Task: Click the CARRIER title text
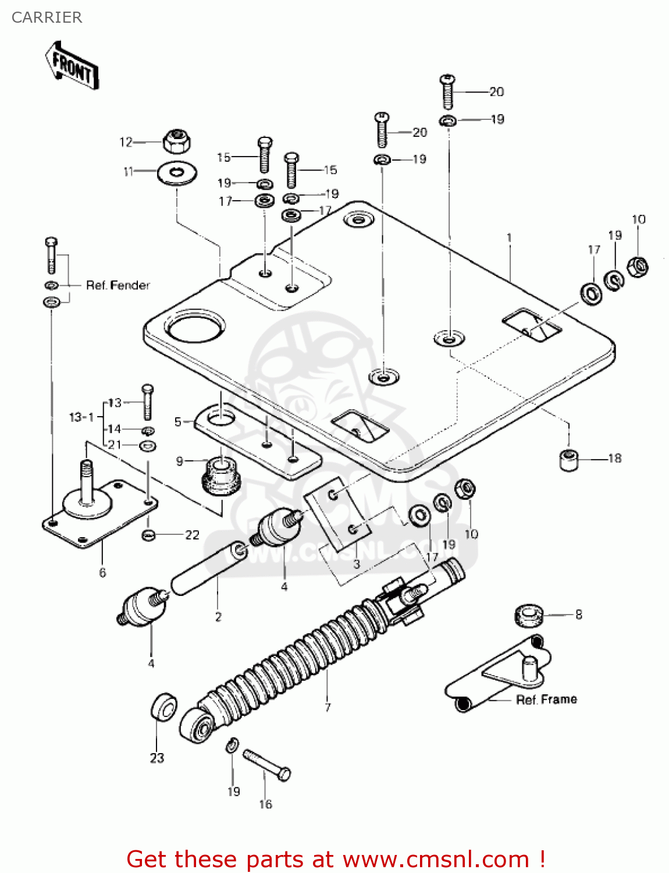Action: [47, 17]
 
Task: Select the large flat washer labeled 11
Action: [177, 173]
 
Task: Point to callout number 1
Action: [509, 237]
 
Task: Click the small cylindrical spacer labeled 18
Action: [569, 460]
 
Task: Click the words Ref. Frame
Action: [546, 700]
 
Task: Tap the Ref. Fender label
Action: [118, 285]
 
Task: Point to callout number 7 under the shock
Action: [328, 708]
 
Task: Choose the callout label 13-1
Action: [81, 417]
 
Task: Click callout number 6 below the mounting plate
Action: [102, 573]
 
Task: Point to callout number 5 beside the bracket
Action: [178, 422]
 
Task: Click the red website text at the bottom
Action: [336, 859]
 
